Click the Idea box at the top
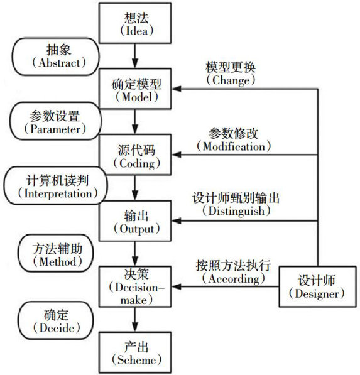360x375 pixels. coord(135,23)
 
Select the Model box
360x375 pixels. coord(135,89)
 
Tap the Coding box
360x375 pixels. coord(135,155)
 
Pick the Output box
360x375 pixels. coord(135,220)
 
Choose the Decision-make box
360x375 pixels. coord(135,286)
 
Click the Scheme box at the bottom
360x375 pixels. coord(135,352)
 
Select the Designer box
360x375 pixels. coord(317,286)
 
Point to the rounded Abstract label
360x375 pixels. coord(55,57)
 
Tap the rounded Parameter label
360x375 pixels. coord(55,121)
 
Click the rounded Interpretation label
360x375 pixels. coord(55,185)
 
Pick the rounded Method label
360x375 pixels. coord(56,253)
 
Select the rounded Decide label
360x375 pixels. coord(56,320)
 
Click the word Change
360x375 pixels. coord(231,80)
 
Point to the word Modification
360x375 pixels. coord(234,146)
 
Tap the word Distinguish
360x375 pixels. coord(236,211)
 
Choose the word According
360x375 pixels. coord(234,279)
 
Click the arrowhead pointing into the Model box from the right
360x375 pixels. coord(176,89)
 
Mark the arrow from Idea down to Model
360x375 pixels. coord(135,56)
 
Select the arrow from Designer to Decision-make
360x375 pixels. coord(226,286)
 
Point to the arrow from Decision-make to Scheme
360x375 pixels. coord(135,320)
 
